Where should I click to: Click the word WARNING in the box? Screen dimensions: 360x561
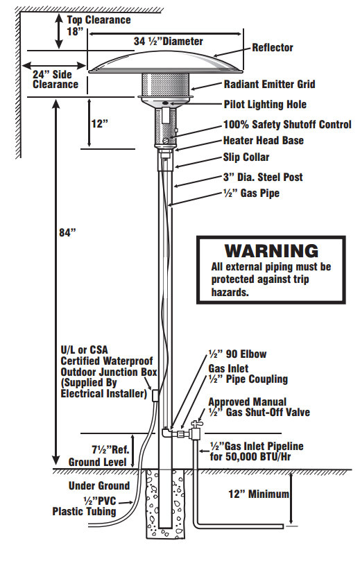pos(271,251)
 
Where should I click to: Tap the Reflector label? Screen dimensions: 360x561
pos(273,48)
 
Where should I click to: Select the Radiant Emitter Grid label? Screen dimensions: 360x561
pos(269,85)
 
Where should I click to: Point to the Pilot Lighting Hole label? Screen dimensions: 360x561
pos(265,105)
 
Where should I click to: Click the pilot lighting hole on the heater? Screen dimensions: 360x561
pos(165,103)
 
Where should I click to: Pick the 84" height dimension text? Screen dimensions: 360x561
pos(68,232)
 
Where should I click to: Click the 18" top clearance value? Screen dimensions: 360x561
pos(75,31)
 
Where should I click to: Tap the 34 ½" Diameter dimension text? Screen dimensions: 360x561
pos(168,41)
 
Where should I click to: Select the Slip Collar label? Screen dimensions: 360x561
pos(246,157)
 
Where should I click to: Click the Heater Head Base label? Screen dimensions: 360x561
pos(264,141)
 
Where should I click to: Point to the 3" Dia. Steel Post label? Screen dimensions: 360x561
pos(263,177)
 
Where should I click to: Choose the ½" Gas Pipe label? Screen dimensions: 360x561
pos(251,193)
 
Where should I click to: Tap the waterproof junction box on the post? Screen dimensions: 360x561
pos(155,395)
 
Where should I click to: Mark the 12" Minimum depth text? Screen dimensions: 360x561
pos(258,494)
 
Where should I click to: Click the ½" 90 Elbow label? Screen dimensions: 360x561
pos(238,354)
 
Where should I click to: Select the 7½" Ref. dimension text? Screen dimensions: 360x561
pos(110,449)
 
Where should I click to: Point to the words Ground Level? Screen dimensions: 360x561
pos(98,462)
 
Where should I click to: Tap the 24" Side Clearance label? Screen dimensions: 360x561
pos(55,80)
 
